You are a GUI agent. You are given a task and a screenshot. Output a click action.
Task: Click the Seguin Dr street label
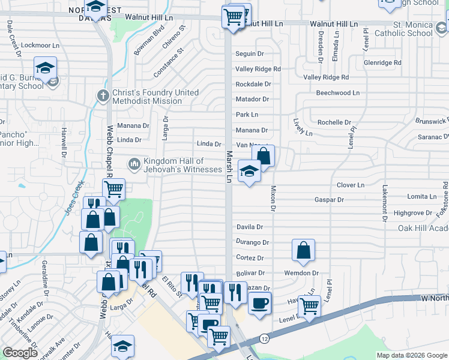[x=250, y=54]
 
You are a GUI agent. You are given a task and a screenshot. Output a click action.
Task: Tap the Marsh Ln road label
[x=229, y=166]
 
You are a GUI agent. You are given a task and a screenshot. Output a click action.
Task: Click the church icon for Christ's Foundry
[x=103, y=95]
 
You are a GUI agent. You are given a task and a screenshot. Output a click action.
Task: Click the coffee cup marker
[x=259, y=302]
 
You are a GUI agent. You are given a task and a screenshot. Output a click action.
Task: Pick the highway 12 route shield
[x=265, y=339]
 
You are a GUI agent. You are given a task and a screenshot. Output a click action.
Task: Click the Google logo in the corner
[x=20, y=353]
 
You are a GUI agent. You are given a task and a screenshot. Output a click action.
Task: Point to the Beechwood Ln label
[x=338, y=93]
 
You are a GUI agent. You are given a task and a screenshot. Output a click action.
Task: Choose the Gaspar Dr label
[x=329, y=200]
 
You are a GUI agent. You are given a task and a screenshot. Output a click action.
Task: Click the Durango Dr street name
[x=253, y=242]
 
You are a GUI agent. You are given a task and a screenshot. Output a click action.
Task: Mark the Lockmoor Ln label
[x=35, y=46]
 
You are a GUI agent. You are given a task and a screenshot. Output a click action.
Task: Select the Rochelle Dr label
[x=334, y=122]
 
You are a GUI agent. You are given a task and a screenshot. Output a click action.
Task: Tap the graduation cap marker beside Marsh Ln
[x=249, y=172]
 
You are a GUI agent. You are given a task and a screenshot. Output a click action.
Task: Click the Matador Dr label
[x=252, y=99]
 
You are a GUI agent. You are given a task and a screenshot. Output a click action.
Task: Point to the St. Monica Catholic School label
[x=403, y=29]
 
